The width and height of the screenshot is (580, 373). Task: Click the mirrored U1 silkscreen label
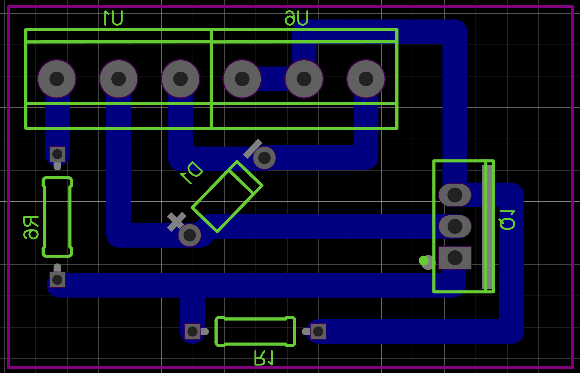pos(113,18)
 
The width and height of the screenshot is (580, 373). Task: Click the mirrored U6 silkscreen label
pos(297,18)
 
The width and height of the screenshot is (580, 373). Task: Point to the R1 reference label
pos(264,358)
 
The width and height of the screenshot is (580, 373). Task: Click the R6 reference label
pos(31,227)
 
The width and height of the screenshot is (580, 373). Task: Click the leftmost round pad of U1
pos(57,79)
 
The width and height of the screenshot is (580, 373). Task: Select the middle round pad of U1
pos(119,79)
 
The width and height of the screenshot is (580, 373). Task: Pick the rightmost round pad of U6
pos(366,79)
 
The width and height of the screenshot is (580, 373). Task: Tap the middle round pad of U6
pos(304,79)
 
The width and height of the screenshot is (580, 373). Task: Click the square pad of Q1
pos(455,258)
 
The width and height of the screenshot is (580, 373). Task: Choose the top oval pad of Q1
pos(455,195)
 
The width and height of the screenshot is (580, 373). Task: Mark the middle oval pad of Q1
pos(455,226)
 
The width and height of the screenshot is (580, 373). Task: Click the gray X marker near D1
pos(176,222)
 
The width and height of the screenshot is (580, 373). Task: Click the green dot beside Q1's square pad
pos(424,260)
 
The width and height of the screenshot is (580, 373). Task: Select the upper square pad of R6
pos(57,154)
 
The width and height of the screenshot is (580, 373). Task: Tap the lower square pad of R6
pos(57,280)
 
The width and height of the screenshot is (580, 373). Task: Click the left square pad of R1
pos(192,332)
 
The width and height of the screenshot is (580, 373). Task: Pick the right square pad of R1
pos(318,332)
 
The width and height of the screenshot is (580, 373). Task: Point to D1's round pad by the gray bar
pos(264,158)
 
